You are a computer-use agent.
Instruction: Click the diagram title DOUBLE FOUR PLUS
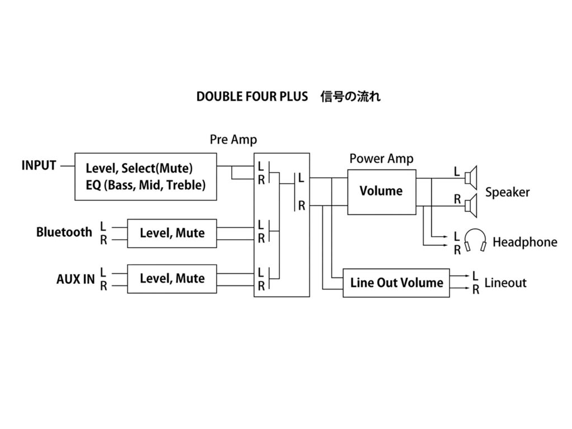pos(252,97)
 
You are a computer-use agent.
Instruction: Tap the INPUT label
pos(39,166)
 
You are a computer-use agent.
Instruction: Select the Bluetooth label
pos(64,232)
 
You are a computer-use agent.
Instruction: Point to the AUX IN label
pos(75,279)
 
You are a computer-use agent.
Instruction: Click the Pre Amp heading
pos(233,140)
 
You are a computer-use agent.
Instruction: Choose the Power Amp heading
pos(382,159)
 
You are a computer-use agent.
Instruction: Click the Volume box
pos(382,192)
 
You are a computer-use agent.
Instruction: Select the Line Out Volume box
pos(397,283)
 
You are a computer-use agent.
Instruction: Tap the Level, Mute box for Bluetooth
pos(172,233)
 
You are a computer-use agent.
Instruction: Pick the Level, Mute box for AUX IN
pos(172,278)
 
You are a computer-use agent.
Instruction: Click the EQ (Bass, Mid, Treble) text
pos(146,184)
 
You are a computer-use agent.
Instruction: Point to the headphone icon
pos(476,241)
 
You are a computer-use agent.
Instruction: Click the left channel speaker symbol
pos(471,178)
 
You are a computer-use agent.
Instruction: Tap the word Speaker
pos(507,193)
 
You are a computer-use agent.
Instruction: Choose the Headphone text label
pos(525,242)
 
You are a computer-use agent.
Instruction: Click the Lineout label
pos(506,283)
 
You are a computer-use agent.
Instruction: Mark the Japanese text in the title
pos(350,97)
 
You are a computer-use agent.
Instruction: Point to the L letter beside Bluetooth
pos(103,226)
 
